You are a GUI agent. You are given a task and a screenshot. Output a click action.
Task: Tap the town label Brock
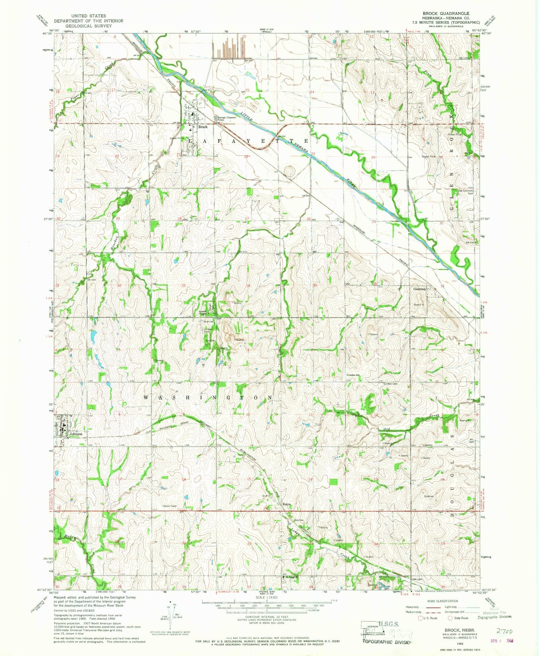pyautogui.click(x=203, y=127)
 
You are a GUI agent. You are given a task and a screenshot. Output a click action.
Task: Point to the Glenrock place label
pyautogui.click(x=419, y=289)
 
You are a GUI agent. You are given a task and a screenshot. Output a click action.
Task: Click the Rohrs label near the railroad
pyautogui.click(x=286, y=505)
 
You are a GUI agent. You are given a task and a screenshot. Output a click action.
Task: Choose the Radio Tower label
pyautogui.click(x=170, y=506)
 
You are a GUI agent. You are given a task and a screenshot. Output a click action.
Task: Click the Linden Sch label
pyautogui.click(x=354, y=375)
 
